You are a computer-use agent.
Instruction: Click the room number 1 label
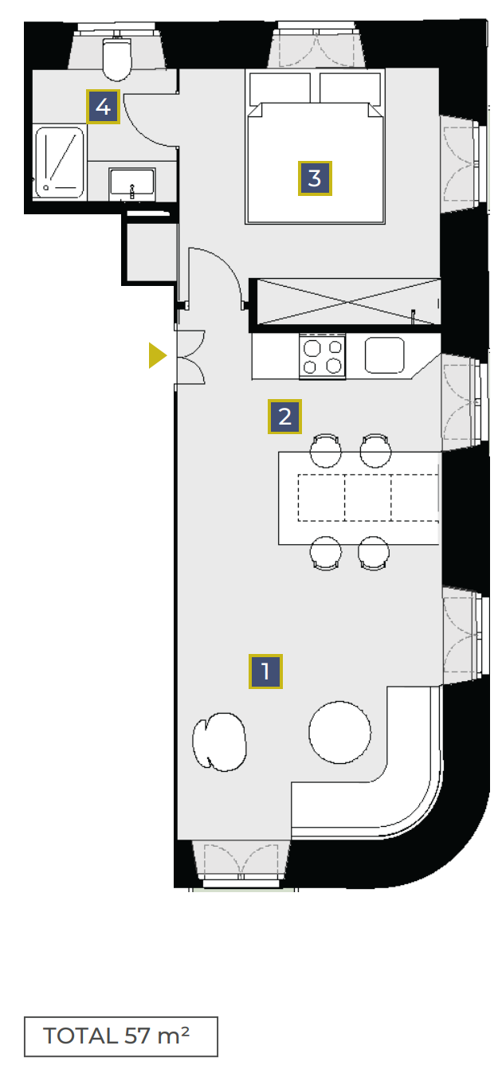pyautogui.click(x=265, y=671)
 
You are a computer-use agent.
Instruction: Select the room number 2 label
pyautogui.click(x=284, y=416)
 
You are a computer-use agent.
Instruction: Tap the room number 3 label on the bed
pyautogui.click(x=315, y=178)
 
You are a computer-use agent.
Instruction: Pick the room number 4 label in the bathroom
pyautogui.click(x=103, y=107)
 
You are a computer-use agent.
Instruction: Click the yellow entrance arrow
pyautogui.click(x=158, y=355)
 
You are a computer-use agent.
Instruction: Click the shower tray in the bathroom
pyautogui.click(x=60, y=163)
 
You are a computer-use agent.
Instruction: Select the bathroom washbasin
pyautogui.click(x=131, y=182)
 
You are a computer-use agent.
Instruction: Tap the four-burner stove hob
pyautogui.click(x=322, y=357)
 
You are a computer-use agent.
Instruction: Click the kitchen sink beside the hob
pyautogui.click(x=384, y=355)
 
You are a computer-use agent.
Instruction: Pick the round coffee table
pyautogui.click(x=339, y=732)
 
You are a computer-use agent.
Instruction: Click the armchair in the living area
pyautogui.click(x=219, y=742)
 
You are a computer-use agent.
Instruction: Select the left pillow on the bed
pyautogui.click(x=280, y=88)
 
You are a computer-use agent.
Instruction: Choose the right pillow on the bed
pyautogui.click(x=351, y=88)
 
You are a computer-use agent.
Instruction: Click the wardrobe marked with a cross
pyautogui.click(x=348, y=302)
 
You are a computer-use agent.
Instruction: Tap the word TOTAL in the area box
pyautogui.click(x=80, y=1036)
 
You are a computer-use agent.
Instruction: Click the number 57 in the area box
pyautogui.click(x=137, y=1036)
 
